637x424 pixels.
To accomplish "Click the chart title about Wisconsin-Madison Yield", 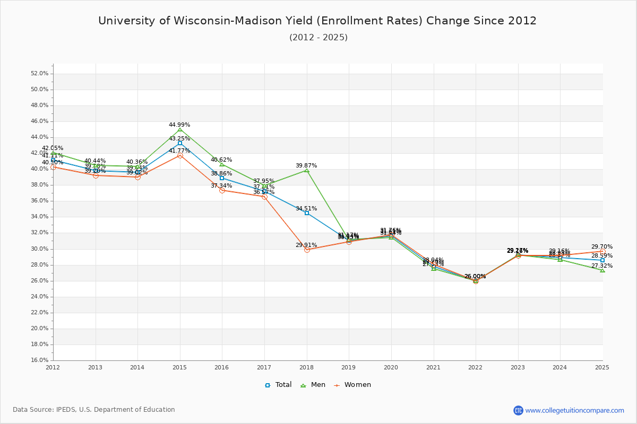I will (x=317, y=21).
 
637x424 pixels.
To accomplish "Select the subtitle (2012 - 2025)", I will (x=318, y=37).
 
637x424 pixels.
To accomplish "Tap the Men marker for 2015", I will (x=180, y=129).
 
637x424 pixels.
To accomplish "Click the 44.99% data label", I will (x=179, y=125).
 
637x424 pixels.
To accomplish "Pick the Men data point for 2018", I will (x=307, y=170).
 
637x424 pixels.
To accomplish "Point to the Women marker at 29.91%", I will (x=307, y=250).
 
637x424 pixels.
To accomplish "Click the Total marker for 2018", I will (x=307, y=213).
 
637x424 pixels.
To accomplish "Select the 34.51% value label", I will (x=306, y=209).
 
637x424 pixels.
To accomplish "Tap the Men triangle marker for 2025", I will (x=602, y=270).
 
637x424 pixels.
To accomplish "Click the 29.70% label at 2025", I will (x=602, y=247).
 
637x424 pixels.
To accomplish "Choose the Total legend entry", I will (x=278, y=385).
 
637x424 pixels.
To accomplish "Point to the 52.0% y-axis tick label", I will (x=40, y=74).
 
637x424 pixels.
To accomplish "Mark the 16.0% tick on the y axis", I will (x=40, y=360).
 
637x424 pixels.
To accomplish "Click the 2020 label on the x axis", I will (x=391, y=367).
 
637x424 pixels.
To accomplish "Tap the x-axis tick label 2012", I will (x=53, y=367).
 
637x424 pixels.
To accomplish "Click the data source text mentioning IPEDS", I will (x=94, y=410).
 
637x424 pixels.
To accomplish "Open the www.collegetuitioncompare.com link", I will (x=574, y=410).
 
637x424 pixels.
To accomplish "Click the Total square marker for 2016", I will (x=222, y=178).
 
